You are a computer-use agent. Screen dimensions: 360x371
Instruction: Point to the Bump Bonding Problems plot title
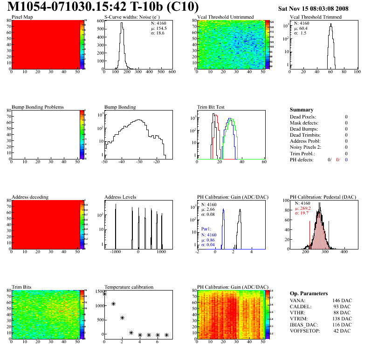[x=38, y=107]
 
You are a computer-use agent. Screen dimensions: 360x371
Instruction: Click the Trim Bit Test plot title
[x=211, y=107]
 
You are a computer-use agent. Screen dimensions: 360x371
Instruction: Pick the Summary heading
[x=302, y=110]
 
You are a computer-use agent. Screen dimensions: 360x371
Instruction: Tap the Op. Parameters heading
[x=309, y=293]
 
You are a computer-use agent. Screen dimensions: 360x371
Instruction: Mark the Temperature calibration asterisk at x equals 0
[x=104, y=294]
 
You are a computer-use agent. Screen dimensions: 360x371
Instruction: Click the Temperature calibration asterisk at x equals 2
[x=122, y=318]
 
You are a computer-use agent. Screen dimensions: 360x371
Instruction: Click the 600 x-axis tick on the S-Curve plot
[x=172, y=72]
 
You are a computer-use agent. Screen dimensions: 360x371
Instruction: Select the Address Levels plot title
[x=120, y=197]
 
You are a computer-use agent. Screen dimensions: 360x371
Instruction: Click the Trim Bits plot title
[x=21, y=287]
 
